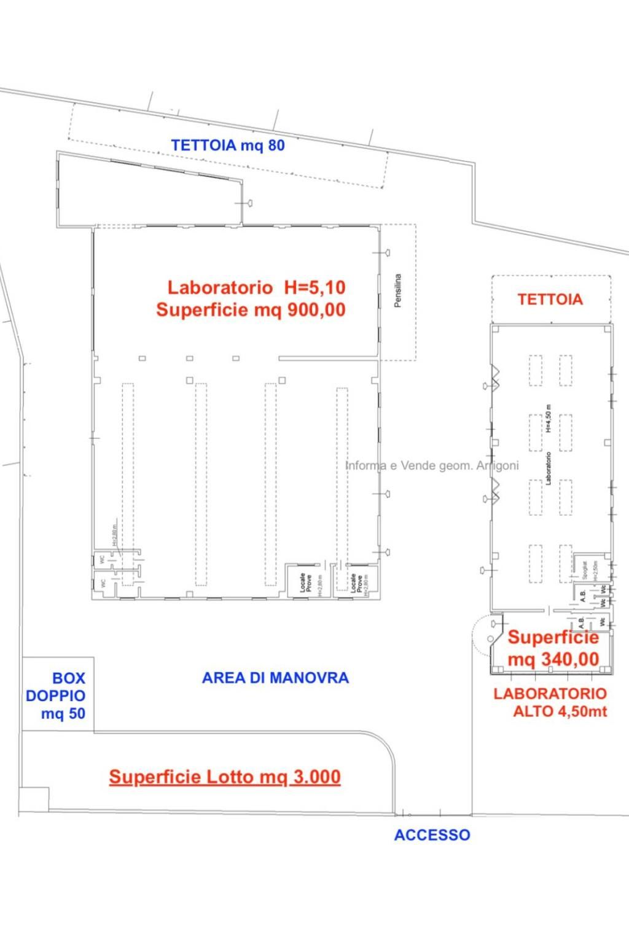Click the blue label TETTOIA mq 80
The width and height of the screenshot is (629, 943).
pyautogui.click(x=228, y=146)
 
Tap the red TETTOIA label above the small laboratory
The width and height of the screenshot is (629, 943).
pyautogui.click(x=550, y=300)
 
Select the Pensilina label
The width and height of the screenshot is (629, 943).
pyautogui.click(x=398, y=290)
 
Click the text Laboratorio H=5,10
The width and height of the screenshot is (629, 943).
pyautogui.click(x=257, y=287)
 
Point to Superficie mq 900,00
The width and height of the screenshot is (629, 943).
pyautogui.click(x=251, y=309)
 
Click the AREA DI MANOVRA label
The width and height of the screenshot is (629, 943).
pyautogui.click(x=275, y=678)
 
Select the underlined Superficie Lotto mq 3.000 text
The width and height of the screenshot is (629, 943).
pyautogui.click(x=225, y=777)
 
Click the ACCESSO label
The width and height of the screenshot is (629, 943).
pyautogui.click(x=432, y=835)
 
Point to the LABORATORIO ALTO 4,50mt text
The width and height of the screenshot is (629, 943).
pyautogui.click(x=550, y=703)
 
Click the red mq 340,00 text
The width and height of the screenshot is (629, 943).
pyautogui.click(x=553, y=659)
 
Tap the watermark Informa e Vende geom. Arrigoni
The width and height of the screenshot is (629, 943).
pyautogui.click(x=432, y=466)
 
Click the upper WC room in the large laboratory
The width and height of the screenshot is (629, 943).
pyautogui.click(x=101, y=559)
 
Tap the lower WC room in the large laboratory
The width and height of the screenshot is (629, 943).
pyautogui.click(x=103, y=582)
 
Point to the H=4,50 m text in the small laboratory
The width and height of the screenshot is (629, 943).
pyautogui.click(x=549, y=418)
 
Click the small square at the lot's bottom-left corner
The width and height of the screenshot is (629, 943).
pyautogui.click(x=34, y=799)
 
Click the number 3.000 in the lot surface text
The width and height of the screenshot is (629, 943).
pyautogui.click(x=316, y=777)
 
